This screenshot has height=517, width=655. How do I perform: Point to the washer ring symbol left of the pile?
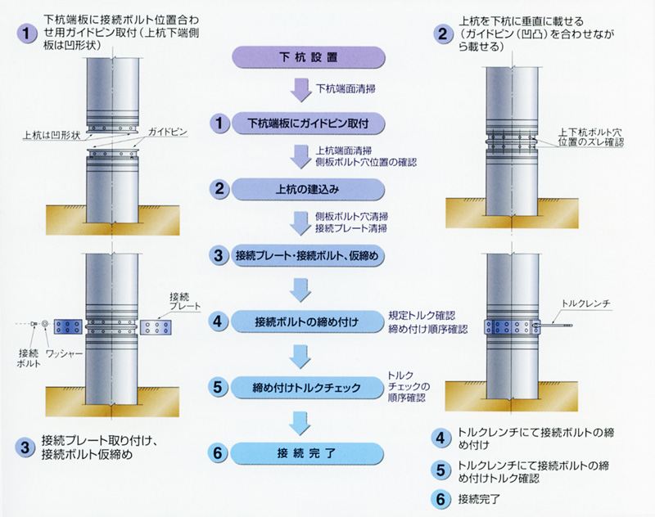(x=46, y=325)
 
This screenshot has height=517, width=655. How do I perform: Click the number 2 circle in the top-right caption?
(x=443, y=34)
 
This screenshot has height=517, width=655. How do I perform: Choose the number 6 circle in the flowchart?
(x=219, y=452)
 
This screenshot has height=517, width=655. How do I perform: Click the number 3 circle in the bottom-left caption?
(x=26, y=447)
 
